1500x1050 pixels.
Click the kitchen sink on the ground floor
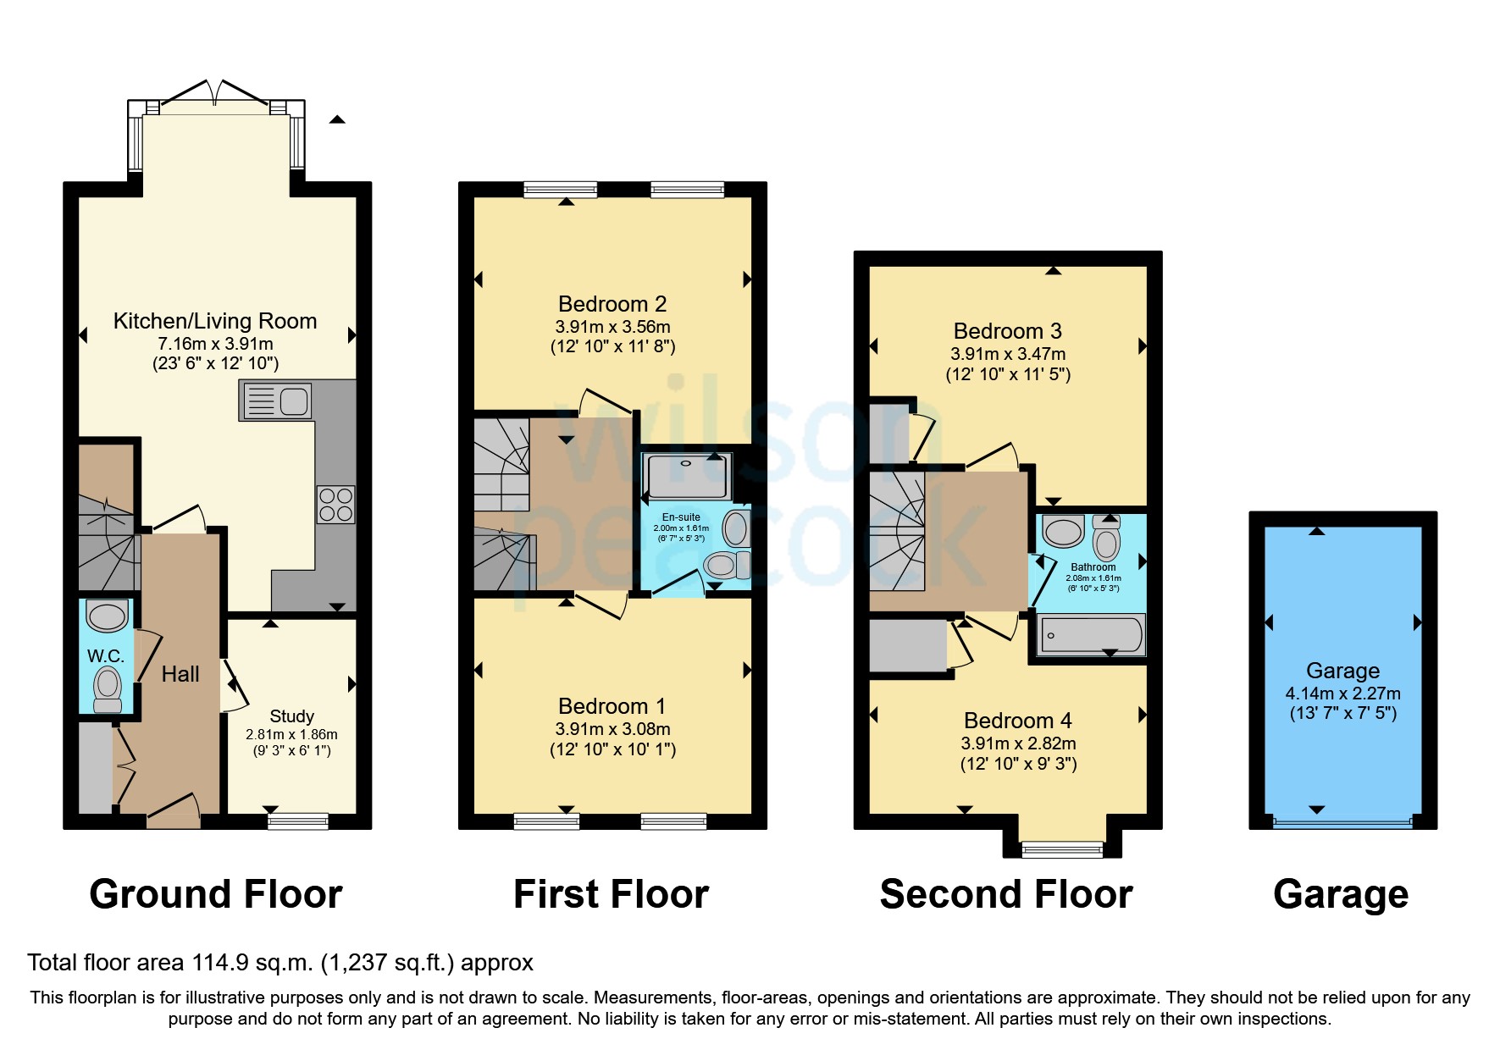(x=276, y=401)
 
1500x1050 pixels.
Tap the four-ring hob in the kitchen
(x=335, y=505)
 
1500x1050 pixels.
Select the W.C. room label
(x=106, y=655)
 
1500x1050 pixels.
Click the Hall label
(x=180, y=674)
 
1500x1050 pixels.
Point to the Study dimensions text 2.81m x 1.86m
(x=291, y=734)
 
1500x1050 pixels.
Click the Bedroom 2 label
(x=612, y=304)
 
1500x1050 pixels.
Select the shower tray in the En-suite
(x=687, y=476)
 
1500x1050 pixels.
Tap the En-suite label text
(x=681, y=517)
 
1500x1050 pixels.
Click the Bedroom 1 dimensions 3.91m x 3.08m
(x=612, y=729)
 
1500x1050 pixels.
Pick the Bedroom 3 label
(x=1007, y=331)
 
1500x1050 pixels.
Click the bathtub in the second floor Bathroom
(x=1091, y=634)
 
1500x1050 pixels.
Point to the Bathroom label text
(x=1093, y=567)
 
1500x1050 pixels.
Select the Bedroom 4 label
(x=1017, y=721)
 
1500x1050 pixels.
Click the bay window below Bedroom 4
(x=1062, y=848)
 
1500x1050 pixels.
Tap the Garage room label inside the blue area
(x=1342, y=671)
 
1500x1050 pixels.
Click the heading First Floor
(x=611, y=894)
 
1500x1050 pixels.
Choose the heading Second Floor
(x=1005, y=894)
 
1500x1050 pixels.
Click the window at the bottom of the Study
(x=297, y=820)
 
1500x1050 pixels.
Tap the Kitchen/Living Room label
(x=215, y=321)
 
